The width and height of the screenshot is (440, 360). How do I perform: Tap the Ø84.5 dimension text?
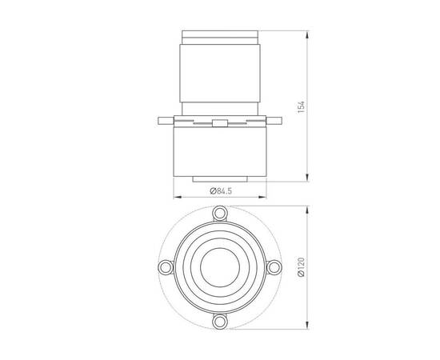219,190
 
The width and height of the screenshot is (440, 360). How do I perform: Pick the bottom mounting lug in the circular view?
218,321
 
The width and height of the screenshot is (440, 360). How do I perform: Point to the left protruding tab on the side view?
164,121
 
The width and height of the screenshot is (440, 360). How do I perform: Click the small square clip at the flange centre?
219,122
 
